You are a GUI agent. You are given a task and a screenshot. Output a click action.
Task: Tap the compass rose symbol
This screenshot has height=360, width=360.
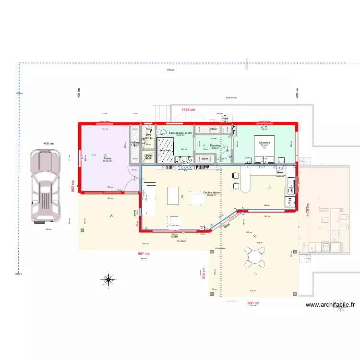tap(109, 280)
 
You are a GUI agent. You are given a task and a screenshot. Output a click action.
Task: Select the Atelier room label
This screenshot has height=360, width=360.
tap(107, 159)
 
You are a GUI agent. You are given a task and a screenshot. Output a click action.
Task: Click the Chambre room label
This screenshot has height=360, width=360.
tap(264, 143)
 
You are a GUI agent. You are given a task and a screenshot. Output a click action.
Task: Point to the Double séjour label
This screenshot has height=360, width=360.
tap(211, 192)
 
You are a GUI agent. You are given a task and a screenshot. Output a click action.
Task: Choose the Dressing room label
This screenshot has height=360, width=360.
tap(215, 145)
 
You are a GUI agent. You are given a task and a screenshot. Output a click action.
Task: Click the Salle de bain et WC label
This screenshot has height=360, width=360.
tap(180, 133)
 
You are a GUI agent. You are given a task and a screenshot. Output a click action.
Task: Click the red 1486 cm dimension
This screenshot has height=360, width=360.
tap(188, 110)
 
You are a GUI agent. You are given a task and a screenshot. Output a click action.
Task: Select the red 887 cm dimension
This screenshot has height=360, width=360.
tap(144, 254)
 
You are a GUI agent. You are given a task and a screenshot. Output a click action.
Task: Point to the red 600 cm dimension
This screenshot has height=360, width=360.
tap(253, 303)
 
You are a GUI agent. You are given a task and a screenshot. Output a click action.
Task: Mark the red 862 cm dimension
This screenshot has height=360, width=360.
tap(73, 186)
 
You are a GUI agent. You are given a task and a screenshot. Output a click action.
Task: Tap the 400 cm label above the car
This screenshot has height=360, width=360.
tap(48, 144)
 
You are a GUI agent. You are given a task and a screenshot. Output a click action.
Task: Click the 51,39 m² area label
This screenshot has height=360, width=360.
tap(181, 241)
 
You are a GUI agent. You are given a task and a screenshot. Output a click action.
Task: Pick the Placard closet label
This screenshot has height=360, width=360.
tap(135, 143)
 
